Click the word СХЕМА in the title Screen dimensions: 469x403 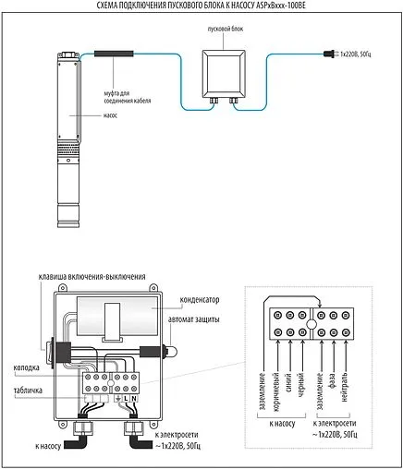click(x=110, y=6)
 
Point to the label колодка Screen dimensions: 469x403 click(x=26, y=367)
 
